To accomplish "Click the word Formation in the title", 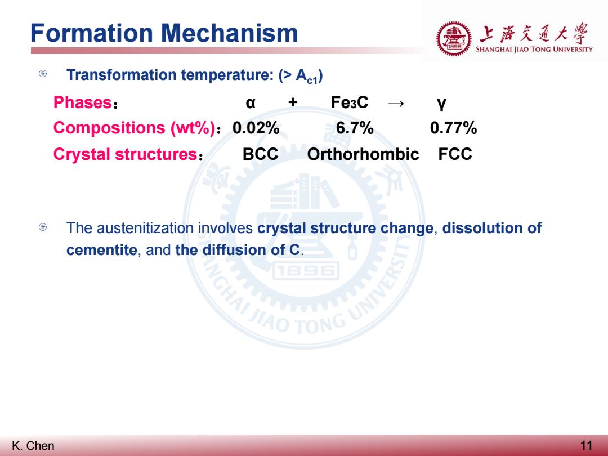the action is click(x=92, y=33).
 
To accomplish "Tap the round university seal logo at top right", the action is click(x=454, y=39).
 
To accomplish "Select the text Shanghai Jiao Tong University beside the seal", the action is click(x=534, y=49).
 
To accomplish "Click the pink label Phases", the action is click(x=83, y=102).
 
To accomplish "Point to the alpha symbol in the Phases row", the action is click(x=251, y=103).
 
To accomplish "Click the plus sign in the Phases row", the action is click(x=293, y=102).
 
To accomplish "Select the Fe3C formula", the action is click(x=350, y=102).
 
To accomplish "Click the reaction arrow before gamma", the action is click(x=396, y=103).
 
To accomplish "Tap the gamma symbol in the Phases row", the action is click(x=441, y=104).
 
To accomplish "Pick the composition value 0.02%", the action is click(x=256, y=128).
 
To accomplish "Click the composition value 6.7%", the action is click(x=355, y=128).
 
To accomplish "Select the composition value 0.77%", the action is click(x=453, y=128).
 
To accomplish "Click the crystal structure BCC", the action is click(x=260, y=154).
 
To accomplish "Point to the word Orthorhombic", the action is click(x=363, y=154).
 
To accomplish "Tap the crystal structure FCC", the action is click(x=455, y=154).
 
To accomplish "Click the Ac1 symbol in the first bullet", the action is click(x=306, y=76).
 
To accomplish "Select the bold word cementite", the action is click(x=101, y=250).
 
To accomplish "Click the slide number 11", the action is click(x=586, y=446).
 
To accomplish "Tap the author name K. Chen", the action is click(x=33, y=446).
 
